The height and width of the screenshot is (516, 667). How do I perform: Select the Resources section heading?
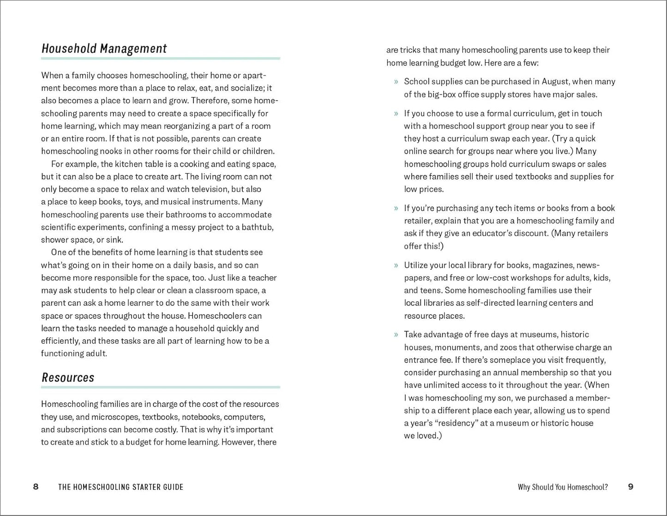68,377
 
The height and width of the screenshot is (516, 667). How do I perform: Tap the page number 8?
36,487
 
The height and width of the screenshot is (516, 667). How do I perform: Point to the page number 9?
631,487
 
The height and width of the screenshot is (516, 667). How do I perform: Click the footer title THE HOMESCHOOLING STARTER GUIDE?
120,487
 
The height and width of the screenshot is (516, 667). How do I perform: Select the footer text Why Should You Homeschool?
563,487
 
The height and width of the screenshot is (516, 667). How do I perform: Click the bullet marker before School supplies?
396,82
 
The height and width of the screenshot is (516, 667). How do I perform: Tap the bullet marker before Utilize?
396,266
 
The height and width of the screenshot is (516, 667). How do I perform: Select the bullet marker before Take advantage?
396,334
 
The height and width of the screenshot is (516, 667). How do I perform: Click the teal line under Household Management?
160,58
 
